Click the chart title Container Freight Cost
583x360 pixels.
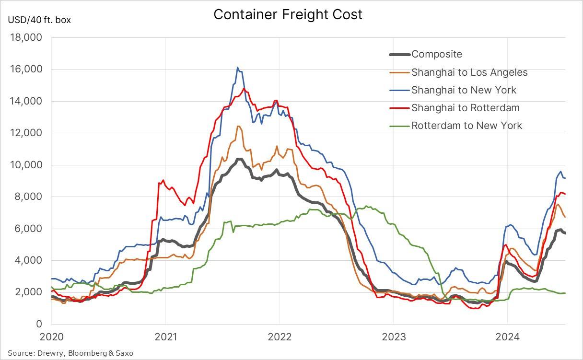point(288,14)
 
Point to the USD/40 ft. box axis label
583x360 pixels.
point(39,20)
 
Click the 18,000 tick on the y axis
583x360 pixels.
point(26,37)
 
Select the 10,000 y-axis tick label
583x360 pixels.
point(26,165)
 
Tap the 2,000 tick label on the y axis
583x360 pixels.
point(28,292)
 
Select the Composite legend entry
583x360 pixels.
point(436,54)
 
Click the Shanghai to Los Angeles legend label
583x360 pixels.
point(469,72)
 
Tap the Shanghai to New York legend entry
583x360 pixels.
point(464,90)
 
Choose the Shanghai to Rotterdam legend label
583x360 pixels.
point(465,108)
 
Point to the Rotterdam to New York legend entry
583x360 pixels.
point(466,126)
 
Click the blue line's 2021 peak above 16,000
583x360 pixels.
point(237,68)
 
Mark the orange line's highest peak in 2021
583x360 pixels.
point(238,126)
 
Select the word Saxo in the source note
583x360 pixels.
point(124,353)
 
